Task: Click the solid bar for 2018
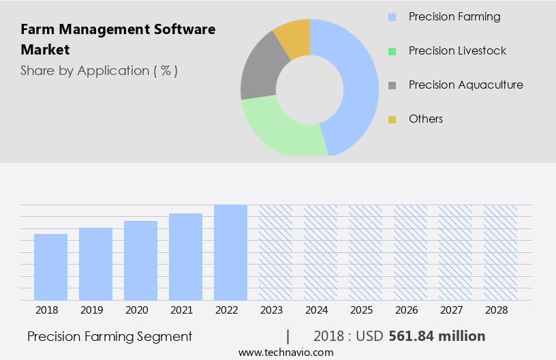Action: pyautogui.click(x=50, y=267)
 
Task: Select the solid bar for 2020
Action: pyautogui.click(x=140, y=260)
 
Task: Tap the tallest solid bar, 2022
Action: pyautogui.click(x=230, y=252)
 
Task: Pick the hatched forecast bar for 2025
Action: pyautogui.click(x=365, y=252)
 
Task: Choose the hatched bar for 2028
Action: pyautogui.click(x=500, y=252)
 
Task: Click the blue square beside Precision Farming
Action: pyautogui.click(x=392, y=17)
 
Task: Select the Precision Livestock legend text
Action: pyautogui.click(x=457, y=50)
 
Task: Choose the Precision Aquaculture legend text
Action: pyautogui.click(x=465, y=85)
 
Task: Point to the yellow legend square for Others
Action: pyautogui.click(x=392, y=119)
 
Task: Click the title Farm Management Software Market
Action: pyautogui.click(x=118, y=40)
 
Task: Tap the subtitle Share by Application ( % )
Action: pyautogui.click(x=99, y=70)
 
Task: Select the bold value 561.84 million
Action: pyautogui.click(x=437, y=336)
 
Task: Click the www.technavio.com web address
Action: pyautogui.click(x=285, y=352)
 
